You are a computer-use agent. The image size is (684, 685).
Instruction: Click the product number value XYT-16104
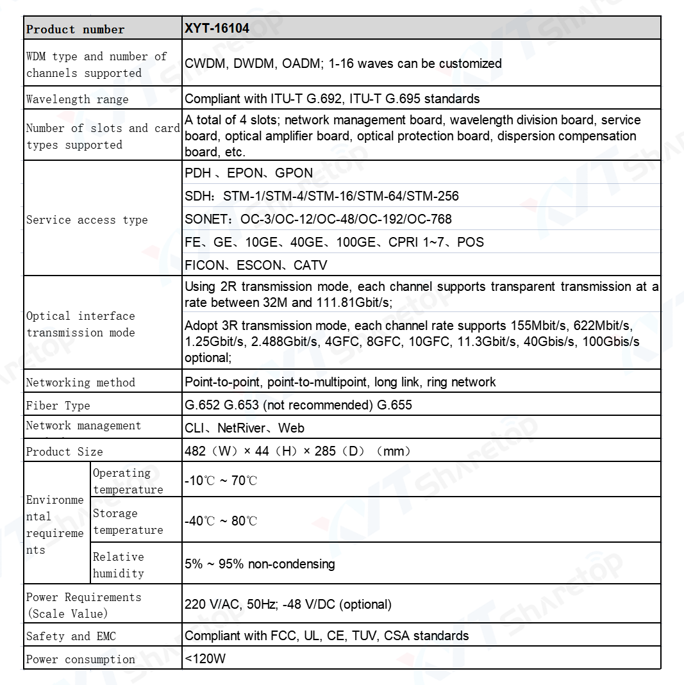217,29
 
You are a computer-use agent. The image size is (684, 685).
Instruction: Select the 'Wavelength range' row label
77,99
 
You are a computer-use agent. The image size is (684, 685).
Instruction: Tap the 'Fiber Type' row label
58,406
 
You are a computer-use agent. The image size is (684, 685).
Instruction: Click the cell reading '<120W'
205,659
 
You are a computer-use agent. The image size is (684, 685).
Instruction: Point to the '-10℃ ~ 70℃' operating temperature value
221,481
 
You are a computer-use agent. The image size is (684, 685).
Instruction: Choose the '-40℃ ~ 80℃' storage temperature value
221,521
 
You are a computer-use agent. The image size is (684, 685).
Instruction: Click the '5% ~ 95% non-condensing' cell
260,565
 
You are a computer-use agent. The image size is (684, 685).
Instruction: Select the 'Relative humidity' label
119,565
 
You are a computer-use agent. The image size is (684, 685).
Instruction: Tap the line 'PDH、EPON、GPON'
249,173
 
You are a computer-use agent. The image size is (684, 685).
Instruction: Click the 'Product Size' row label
64,452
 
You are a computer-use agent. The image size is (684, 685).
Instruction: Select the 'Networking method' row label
80,383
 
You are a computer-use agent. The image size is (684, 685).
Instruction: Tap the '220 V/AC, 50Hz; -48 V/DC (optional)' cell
288,604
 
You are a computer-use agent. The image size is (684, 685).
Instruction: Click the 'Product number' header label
76,29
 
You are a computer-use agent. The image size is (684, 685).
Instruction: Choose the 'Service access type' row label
87,220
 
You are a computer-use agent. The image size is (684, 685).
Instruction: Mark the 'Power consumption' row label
80,659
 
